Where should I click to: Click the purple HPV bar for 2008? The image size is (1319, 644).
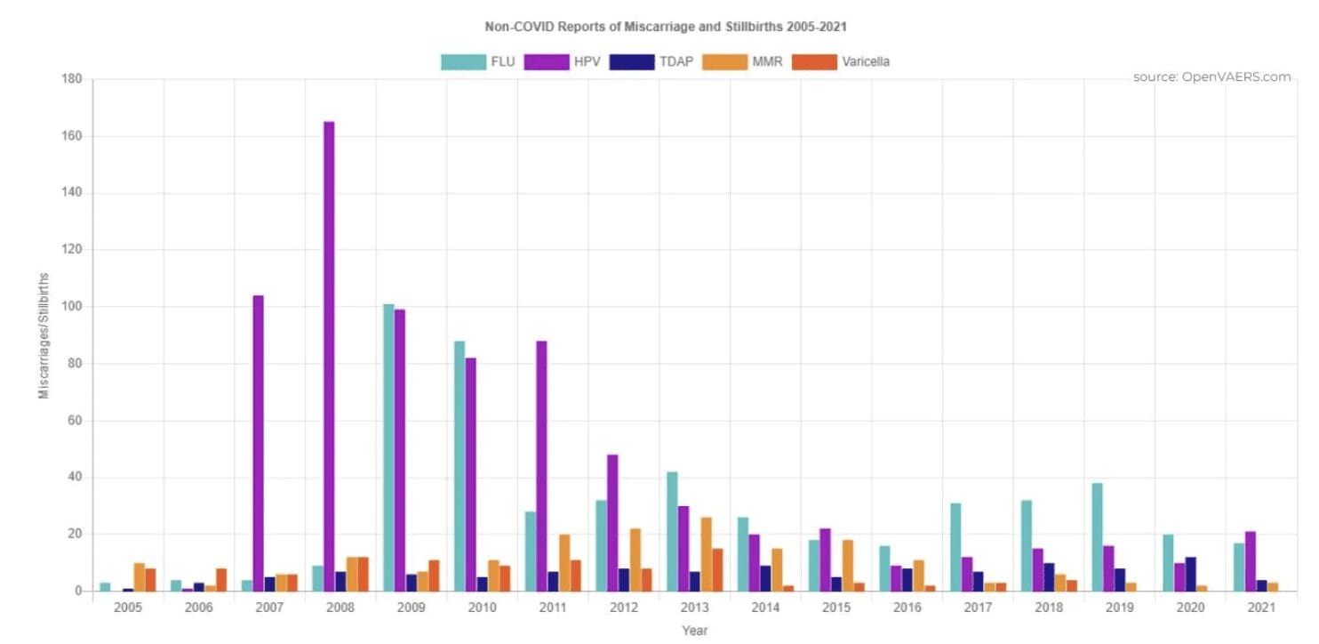pos(329,356)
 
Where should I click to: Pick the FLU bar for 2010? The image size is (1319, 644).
pos(459,466)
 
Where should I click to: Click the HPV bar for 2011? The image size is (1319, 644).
pos(541,466)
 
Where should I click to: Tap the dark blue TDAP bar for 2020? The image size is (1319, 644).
pos(1191,574)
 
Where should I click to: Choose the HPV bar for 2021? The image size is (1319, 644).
pos(1251,561)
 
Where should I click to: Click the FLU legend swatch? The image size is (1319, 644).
pos(463,61)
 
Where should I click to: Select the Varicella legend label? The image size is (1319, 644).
pos(866,61)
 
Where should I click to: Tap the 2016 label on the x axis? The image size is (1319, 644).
pos(907,608)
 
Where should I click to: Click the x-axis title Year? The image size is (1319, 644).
pos(694,631)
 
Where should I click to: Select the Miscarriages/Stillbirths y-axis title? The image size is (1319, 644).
pos(44,348)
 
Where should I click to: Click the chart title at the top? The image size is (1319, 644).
pos(665,27)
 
